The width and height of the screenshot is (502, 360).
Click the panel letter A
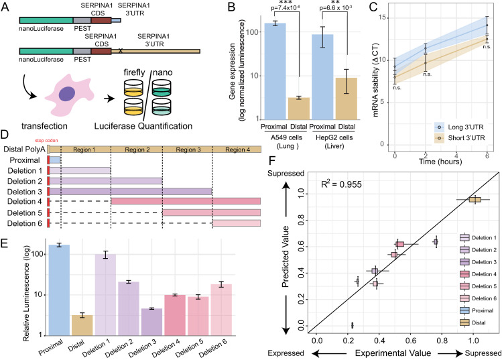(6, 7)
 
